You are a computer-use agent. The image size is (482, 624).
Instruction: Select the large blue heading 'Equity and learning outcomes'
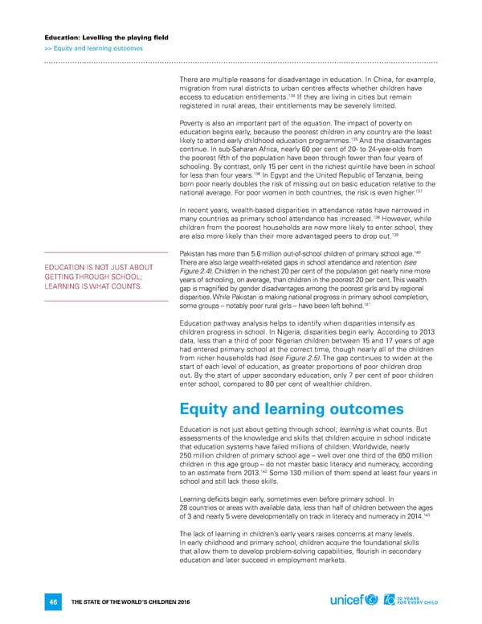click(292, 408)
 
